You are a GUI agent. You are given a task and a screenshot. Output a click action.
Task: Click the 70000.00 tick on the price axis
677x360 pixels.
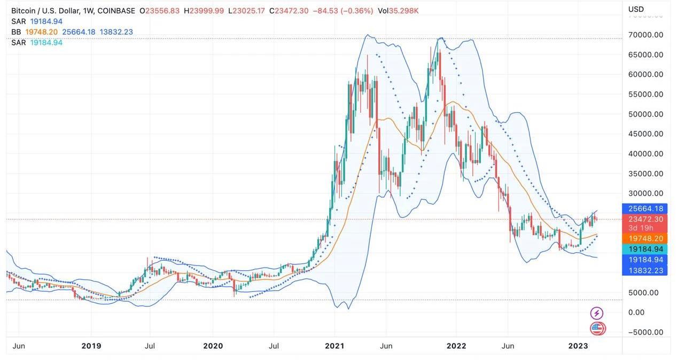[645, 35]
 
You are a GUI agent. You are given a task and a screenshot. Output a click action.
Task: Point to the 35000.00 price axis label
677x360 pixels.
[645, 174]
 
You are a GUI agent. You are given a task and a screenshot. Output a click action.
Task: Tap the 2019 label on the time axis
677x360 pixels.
[91, 346]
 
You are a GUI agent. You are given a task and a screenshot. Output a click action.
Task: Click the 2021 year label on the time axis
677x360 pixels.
[335, 346]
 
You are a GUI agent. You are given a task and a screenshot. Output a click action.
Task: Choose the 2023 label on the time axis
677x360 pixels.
[578, 346]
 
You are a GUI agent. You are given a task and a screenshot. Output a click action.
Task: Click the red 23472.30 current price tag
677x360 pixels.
[645, 219]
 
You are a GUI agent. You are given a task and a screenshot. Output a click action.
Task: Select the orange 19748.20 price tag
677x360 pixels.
[645, 239]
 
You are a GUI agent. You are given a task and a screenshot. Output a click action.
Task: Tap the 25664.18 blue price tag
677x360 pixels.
[645, 209]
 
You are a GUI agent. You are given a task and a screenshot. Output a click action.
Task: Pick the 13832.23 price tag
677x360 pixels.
[645, 270]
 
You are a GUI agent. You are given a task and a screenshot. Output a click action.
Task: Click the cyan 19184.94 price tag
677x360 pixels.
[645, 249]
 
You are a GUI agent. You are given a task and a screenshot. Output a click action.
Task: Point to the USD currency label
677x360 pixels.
[636, 9]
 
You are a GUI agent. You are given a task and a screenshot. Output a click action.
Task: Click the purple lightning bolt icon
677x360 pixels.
[597, 314]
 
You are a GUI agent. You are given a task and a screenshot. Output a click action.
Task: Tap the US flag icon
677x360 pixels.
[597, 328]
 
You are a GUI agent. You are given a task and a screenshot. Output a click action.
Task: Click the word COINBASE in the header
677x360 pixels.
[116, 11]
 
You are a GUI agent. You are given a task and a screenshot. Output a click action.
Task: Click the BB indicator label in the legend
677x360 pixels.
[17, 32]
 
